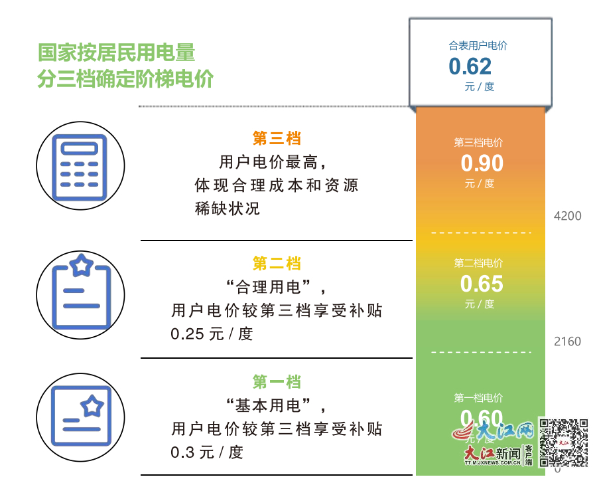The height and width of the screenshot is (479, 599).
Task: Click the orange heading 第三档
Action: tap(277, 138)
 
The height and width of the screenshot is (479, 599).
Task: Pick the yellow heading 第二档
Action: tap(277, 263)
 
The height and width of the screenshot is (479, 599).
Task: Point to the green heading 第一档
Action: tap(277, 382)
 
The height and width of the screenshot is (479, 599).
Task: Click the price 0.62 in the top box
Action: tap(470, 66)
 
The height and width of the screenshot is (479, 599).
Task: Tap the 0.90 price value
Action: tap(482, 163)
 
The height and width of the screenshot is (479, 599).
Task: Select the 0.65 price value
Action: tap(482, 284)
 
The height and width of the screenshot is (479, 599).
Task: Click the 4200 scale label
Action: tap(567, 216)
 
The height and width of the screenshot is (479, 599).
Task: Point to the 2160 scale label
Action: tap(567, 341)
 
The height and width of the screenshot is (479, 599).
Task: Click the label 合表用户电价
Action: tap(478, 46)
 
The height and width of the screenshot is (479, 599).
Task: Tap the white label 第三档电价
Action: tap(478, 142)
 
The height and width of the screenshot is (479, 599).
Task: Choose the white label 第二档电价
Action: tap(478, 263)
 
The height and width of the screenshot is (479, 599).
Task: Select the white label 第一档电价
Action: tap(478, 398)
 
